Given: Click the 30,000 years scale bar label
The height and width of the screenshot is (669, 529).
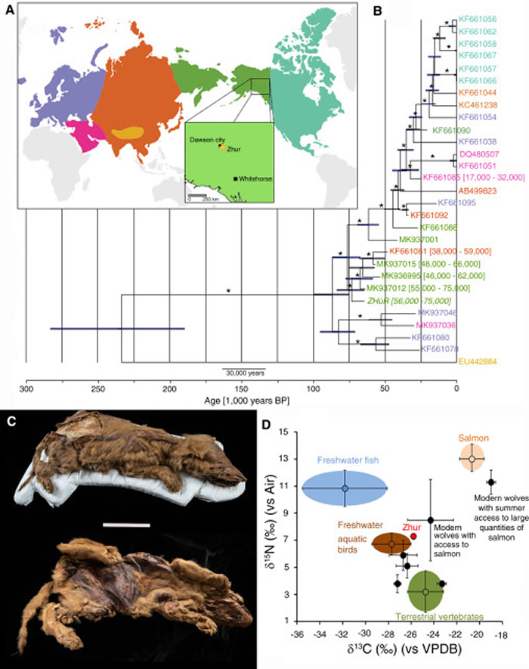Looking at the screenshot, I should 243,373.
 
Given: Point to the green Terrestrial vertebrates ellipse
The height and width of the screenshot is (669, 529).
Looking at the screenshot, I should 425,592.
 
